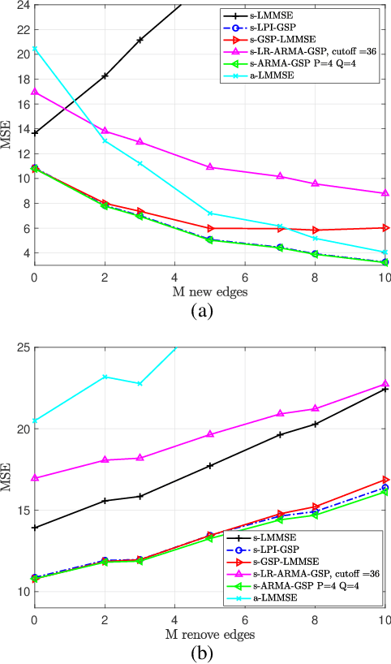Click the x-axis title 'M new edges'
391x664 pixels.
[209, 291]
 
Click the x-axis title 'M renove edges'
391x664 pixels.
[209, 633]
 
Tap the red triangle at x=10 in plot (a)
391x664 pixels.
[385, 228]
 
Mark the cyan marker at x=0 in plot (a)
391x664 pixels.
[34, 49]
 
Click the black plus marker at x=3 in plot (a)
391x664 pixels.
[140, 40]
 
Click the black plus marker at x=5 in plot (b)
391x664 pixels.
[210, 466]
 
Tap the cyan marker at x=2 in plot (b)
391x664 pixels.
[105, 377]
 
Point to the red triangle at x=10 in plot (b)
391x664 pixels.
[385, 480]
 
